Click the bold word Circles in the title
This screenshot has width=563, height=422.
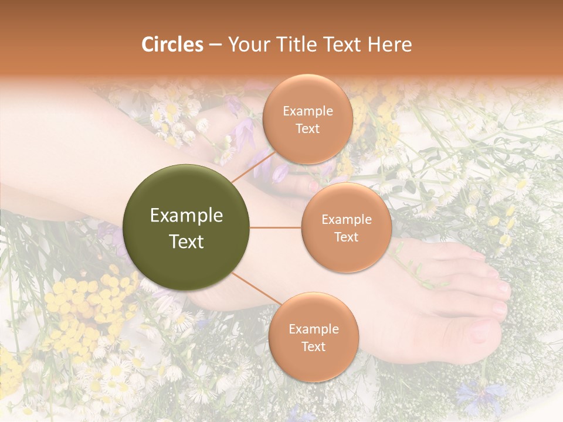click(x=172, y=45)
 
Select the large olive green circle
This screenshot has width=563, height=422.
click(x=186, y=227)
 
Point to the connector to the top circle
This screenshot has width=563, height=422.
click(x=250, y=166)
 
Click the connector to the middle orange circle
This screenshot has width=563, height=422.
click(x=276, y=227)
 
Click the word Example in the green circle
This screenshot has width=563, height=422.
click(x=186, y=216)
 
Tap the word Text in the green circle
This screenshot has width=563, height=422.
click(x=186, y=241)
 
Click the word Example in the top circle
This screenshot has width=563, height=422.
click(x=308, y=111)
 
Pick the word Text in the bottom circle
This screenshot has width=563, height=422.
click(x=313, y=346)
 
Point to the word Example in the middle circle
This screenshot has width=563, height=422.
click(x=347, y=220)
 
